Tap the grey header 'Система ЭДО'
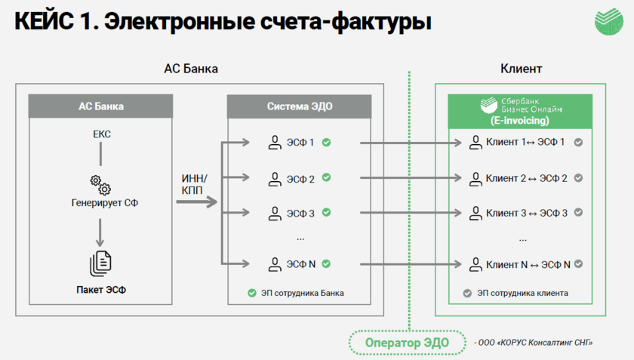(300, 106)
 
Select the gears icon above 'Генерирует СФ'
(100, 184)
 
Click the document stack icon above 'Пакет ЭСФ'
(100, 262)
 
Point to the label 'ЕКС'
(101, 134)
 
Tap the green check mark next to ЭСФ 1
(327, 142)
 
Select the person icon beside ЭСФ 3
(273, 213)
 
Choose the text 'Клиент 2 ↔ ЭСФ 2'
(527, 178)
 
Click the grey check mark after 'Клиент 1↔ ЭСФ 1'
(578, 142)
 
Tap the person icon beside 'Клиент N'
(475, 264)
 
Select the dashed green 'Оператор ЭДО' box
(408, 342)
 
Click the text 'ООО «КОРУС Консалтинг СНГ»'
(534, 343)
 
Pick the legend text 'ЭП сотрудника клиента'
(522, 293)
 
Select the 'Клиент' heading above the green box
(521, 69)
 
